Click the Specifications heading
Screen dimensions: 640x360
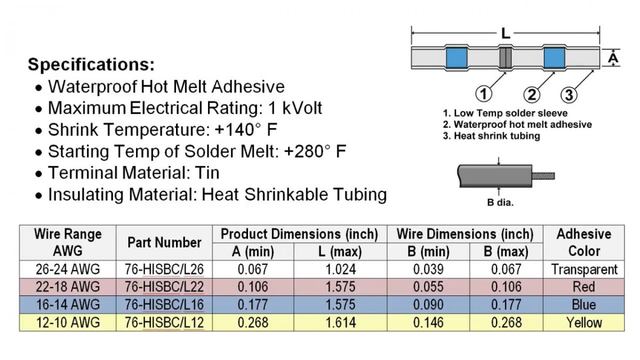(x=91, y=65)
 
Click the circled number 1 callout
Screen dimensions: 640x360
(x=483, y=94)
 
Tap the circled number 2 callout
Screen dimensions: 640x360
(x=531, y=94)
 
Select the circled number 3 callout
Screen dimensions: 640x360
(x=569, y=95)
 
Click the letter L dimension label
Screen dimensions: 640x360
(x=506, y=34)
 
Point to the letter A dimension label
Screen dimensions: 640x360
(x=613, y=58)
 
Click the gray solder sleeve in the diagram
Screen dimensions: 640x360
(x=506, y=58)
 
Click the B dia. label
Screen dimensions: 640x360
(x=500, y=202)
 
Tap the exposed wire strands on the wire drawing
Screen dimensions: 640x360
(x=543, y=176)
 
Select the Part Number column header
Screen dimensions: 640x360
(x=164, y=242)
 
